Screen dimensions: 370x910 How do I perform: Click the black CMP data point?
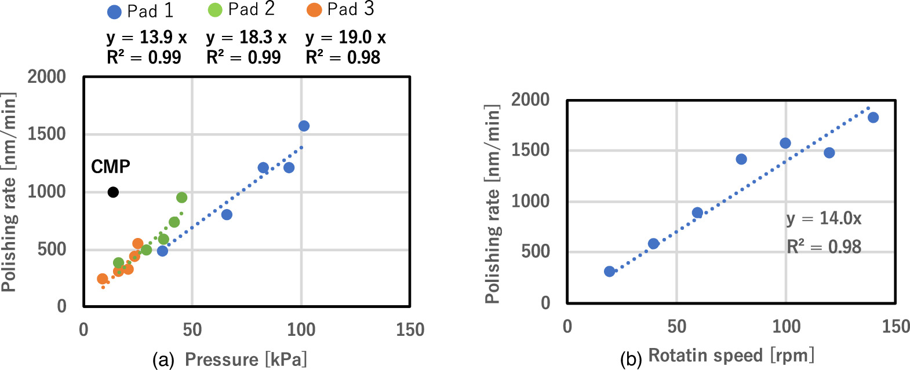[113, 192]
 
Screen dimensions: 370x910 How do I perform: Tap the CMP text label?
[111, 167]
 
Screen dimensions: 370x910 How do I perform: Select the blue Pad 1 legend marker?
[114, 12]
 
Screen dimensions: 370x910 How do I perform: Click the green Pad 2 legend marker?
[215, 10]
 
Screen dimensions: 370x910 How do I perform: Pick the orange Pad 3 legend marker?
[314, 10]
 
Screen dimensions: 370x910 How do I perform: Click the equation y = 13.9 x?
[147, 38]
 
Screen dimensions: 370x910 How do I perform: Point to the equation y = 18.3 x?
[246, 38]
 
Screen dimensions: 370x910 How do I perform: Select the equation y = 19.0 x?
[345, 38]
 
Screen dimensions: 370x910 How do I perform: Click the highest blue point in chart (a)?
[304, 126]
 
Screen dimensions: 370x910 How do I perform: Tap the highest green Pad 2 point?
[181, 197]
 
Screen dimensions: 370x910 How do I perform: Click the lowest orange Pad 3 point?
[103, 279]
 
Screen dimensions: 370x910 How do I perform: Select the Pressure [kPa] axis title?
[246, 360]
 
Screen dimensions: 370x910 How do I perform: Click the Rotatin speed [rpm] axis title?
[731, 355]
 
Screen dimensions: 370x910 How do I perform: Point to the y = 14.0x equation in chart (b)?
[824, 219]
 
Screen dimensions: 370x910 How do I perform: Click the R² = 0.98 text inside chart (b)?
[824, 247]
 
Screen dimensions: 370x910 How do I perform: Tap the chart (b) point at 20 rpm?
[609, 271]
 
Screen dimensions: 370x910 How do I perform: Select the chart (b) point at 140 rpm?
[873, 118]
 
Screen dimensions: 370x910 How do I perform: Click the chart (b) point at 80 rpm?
[741, 159]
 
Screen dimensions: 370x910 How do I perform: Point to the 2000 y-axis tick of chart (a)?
[47, 76]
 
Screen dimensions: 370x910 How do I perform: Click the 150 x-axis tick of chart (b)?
[896, 326]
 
